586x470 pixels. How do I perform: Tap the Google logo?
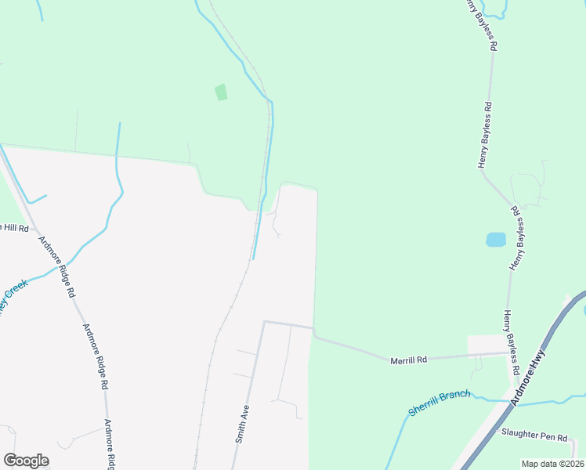(x=26, y=461)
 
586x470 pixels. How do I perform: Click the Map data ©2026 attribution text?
(x=552, y=464)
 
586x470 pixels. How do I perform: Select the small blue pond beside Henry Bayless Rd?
(x=495, y=240)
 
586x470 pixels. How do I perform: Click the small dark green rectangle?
(x=221, y=92)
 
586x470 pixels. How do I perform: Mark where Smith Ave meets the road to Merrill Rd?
(x=264, y=322)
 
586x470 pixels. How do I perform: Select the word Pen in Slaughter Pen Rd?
(x=548, y=432)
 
